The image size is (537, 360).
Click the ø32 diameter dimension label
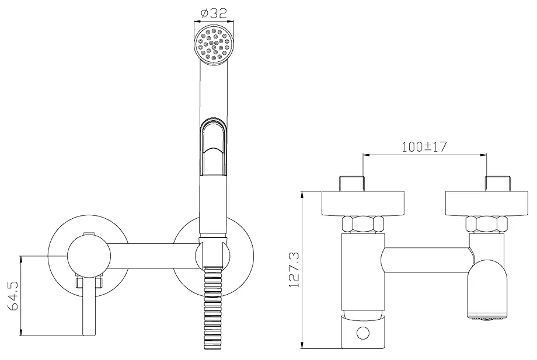pyautogui.click(x=214, y=13)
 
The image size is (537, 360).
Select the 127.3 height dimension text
pyautogui.click(x=294, y=270)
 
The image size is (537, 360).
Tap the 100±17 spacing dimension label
pyautogui.click(x=424, y=146)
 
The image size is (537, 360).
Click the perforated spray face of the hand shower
pyautogui.click(x=214, y=46)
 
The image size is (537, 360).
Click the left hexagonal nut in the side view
pyautogui.click(x=364, y=225)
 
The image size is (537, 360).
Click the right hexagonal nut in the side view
pyautogui.click(x=486, y=225)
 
